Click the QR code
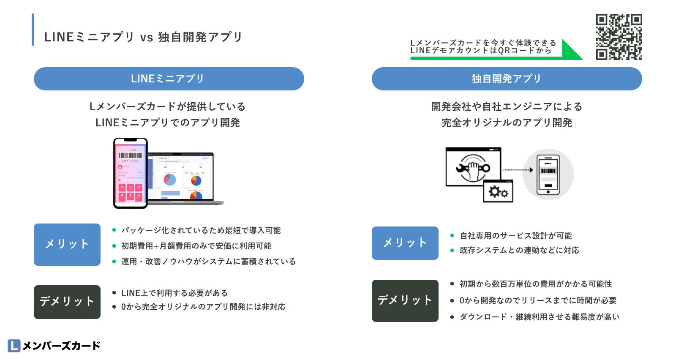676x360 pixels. [x=619, y=37]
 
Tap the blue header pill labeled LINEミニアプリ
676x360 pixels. [x=169, y=79]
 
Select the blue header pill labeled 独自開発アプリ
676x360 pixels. [x=507, y=79]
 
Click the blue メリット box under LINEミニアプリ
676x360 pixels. [x=67, y=245]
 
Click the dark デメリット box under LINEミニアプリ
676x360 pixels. [x=67, y=302]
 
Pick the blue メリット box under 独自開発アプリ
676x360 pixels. [x=405, y=243]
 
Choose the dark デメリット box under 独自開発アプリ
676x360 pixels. [x=405, y=301]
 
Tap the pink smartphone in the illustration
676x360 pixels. [x=130, y=173]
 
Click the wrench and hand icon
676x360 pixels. [x=473, y=168]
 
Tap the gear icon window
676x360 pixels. [x=498, y=192]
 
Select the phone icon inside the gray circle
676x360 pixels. [x=548, y=175]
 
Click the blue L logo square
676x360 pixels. [x=14, y=346]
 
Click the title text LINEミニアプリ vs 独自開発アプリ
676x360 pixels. [x=143, y=37]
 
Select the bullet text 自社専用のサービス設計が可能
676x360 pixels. [x=515, y=236]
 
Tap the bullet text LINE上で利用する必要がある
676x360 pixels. [x=174, y=293]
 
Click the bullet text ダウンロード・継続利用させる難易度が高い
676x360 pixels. [x=539, y=317]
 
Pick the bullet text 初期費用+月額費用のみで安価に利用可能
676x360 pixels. [x=196, y=246]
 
